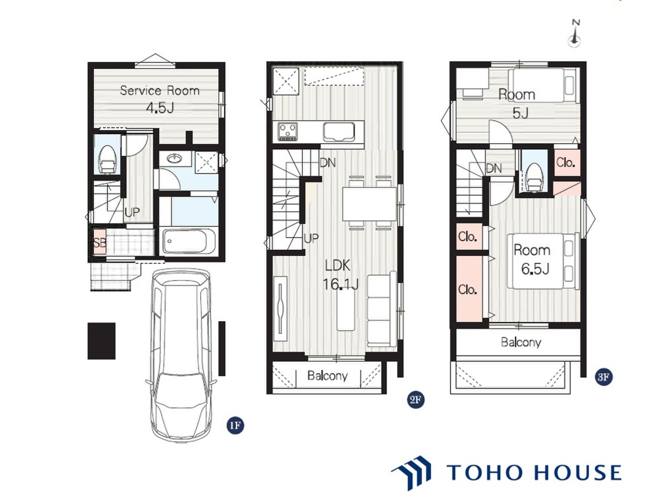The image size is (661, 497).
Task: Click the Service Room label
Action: click(x=160, y=90)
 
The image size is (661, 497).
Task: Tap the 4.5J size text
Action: click(x=160, y=107)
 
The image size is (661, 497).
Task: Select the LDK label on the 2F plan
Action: click(x=337, y=266)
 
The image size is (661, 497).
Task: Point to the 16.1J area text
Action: click(x=340, y=284)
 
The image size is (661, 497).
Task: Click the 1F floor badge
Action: click(x=235, y=426)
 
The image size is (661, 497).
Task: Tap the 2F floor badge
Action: click(x=416, y=400)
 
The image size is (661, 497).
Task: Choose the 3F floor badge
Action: click(x=604, y=377)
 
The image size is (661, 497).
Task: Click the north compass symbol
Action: click(x=575, y=34)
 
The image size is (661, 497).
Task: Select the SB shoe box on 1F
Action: click(x=99, y=242)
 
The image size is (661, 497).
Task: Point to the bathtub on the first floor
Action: click(x=189, y=241)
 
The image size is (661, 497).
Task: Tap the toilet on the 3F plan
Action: click(x=534, y=177)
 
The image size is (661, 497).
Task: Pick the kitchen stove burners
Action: click(x=288, y=131)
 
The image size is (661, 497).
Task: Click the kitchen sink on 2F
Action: click(x=339, y=132)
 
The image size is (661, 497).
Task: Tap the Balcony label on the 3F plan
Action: click(x=521, y=343)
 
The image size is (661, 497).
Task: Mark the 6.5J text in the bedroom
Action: click(x=535, y=269)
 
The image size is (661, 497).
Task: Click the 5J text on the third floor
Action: click(x=520, y=113)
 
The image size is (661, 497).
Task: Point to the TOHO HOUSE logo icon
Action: click(x=411, y=473)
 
